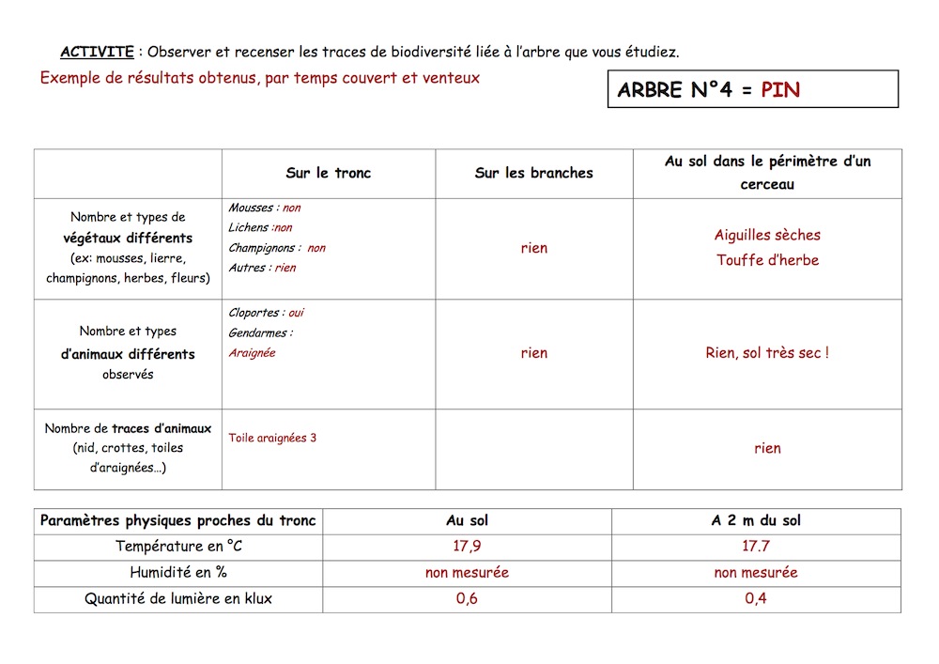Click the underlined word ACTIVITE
(97, 51)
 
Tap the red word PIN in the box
(780, 90)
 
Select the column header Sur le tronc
(329, 173)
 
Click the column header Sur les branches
(534, 173)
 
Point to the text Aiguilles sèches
(767, 235)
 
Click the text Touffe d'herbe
(767, 260)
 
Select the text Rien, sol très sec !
(767, 353)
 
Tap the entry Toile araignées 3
(272, 438)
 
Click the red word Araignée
(252, 353)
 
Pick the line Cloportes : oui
(266, 313)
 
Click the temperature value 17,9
(467, 546)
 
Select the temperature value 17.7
(756, 546)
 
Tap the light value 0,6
(467, 598)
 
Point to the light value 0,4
(756, 598)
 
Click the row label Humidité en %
(178, 572)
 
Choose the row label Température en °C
(178, 546)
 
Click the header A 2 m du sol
(756, 520)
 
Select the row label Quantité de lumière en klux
(178, 598)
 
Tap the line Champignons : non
(277, 248)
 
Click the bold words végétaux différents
(128, 238)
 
